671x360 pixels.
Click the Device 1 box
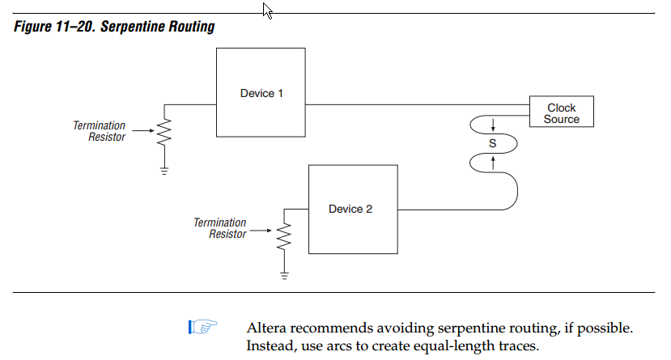(261, 92)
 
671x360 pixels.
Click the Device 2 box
(350, 209)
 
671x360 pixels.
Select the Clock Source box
(561, 113)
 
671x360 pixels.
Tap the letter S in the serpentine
(492, 142)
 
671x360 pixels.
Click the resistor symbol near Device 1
(164, 132)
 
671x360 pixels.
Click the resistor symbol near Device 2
(283, 236)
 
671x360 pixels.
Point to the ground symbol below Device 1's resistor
(164, 171)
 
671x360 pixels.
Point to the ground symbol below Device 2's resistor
(283, 275)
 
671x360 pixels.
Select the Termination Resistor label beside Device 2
(219, 228)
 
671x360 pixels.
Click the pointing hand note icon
(203, 328)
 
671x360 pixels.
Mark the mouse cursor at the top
(268, 10)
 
